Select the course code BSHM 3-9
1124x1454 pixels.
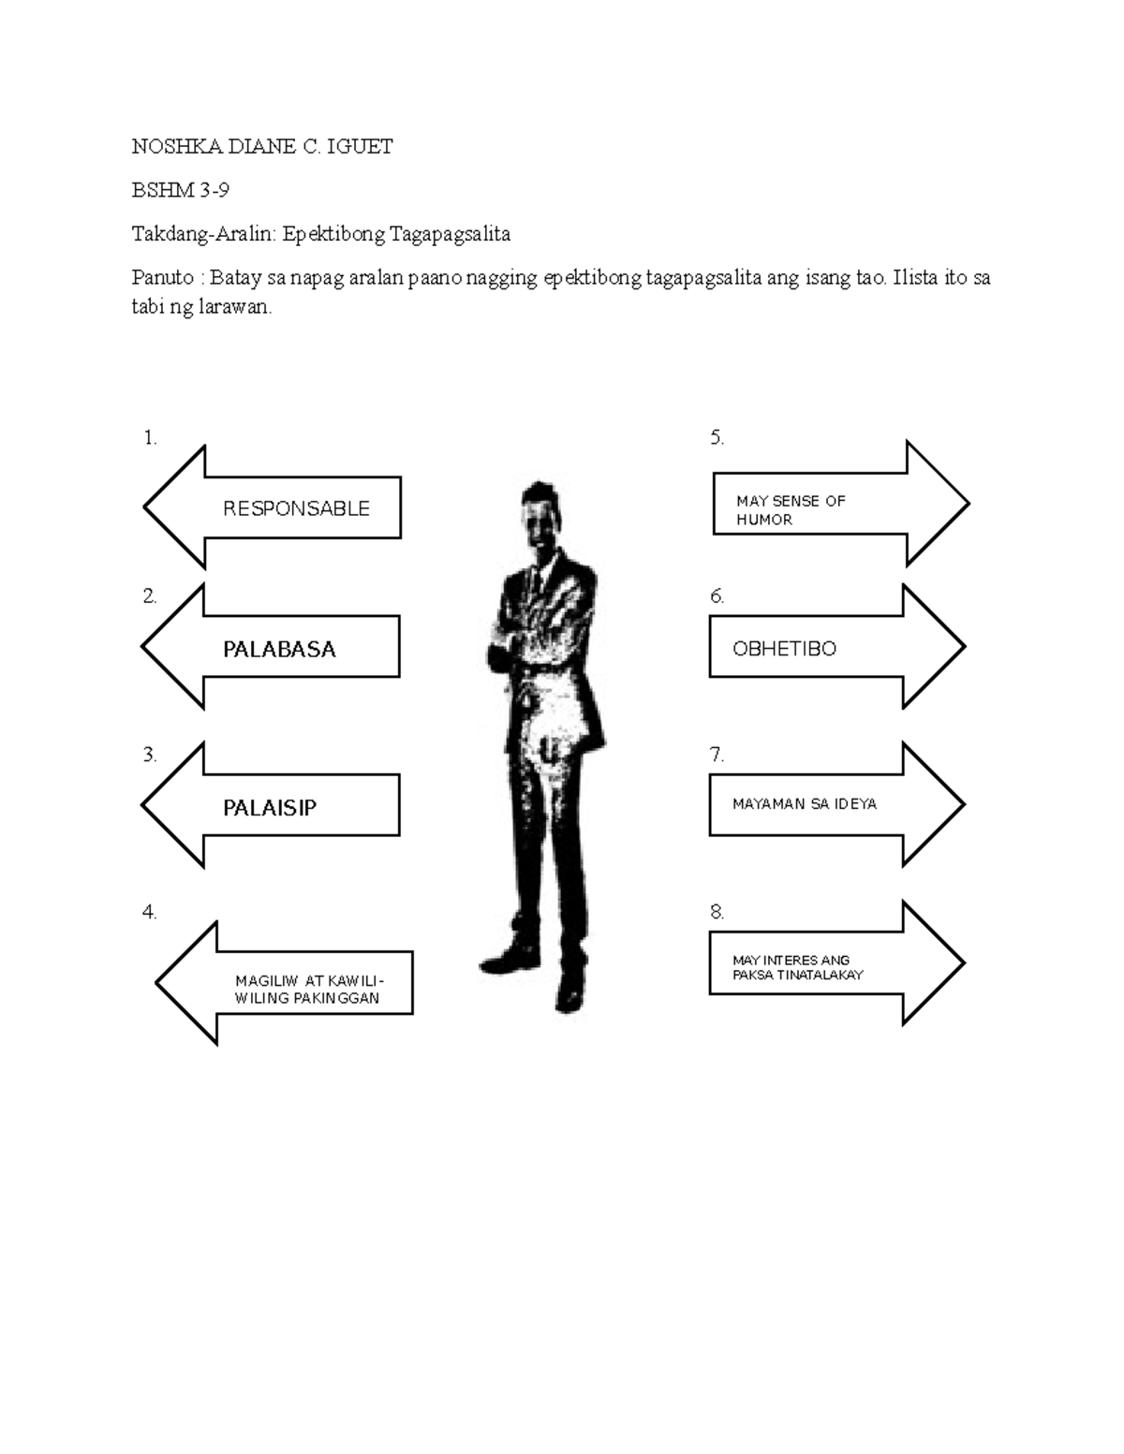pyautogui.click(x=180, y=191)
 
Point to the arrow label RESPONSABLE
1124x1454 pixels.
pyautogui.click(x=296, y=508)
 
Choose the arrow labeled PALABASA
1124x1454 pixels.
pyautogui.click(x=279, y=649)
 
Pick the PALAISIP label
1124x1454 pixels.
pyautogui.click(x=270, y=807)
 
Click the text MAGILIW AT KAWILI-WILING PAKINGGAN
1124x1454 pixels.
pyautogui.click(x=308, y=990)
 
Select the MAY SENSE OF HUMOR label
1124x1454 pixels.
pyautogui.click(x=791, y=510)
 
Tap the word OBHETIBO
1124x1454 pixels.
pyautogui.click(x=784, y=649)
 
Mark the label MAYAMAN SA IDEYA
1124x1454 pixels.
pyautogui.click(x=805, y=804)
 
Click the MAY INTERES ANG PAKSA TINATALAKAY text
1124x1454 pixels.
pyautogui.click(x=797, y=967)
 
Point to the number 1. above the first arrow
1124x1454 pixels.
pyautogui.click(x=150, y=437)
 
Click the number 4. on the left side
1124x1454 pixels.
pyautogui.click(x=150, y=912)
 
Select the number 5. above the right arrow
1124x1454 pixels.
pyautogui.click(x=717, y=437)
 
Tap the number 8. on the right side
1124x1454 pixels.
pyautogui.click(x=717, y=912)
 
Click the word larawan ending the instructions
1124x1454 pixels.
pyautogui.click(x=234, y=308)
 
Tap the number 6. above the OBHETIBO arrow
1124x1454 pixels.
pyautogui.click(x=717, y=596)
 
